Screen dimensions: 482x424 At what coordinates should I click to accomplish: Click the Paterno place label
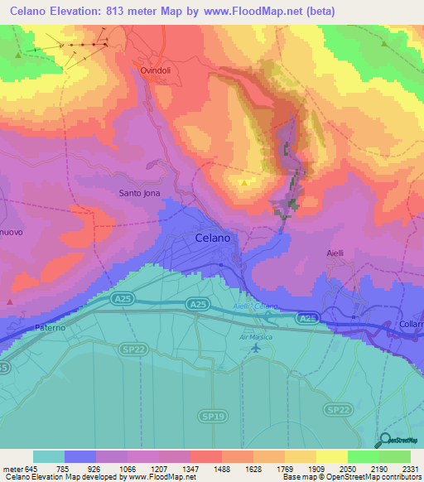tap(51, 328)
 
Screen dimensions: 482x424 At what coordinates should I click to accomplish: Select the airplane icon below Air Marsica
tap(255, 349)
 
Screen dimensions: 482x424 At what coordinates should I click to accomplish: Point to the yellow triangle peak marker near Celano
tap(244, 182)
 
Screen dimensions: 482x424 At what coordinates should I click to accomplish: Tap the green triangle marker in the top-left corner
tap(17, 55)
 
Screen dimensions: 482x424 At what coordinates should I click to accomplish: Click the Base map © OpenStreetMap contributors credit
tap(350, 477)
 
